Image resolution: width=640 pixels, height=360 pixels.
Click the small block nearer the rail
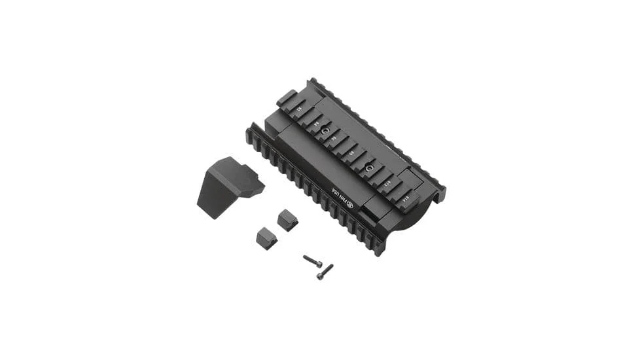pyautogui.click(x=287, y=220)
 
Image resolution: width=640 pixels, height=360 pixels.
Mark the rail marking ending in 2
pyautogui.click(x=300, y=109)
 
